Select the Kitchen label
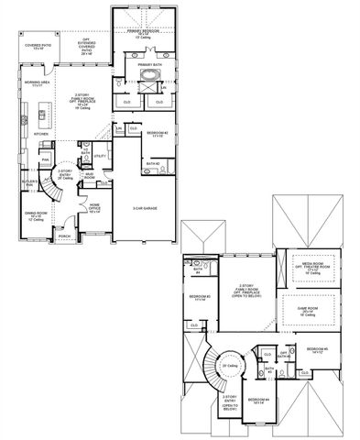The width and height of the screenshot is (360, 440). click(x=41, y=133)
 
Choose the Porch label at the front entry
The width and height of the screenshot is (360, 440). click(x=63, y=236)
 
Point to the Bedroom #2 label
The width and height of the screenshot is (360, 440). click(x=155, y=134)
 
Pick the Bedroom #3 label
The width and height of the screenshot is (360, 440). click(x=201, y=297)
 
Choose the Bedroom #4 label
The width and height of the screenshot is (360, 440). click(x=260, y=400)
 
